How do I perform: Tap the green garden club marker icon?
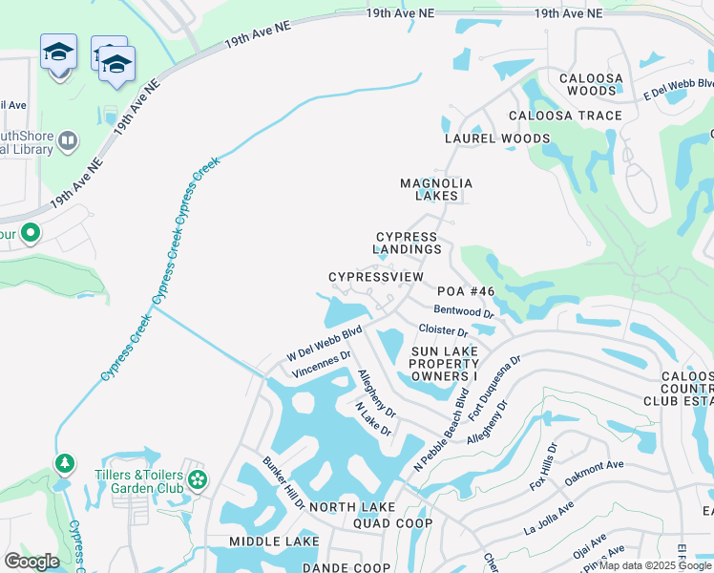pyautogui.click(x=198, y=478)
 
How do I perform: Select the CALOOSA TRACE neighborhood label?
pyautogui.click(x=565, y=116)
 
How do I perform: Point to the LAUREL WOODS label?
pyautogui.click(x=497, y=138)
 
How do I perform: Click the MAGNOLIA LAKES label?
pyautogui.click(x=436, y=189)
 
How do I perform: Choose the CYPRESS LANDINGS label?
pyautogui.click(x=408, y=244)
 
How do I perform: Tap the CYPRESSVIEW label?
pyautogui.click(x=375, y=277)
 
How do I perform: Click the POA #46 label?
pyautogui.click(x=466, y=291)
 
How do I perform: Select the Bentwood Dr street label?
pyautogui.click(x=463, y=311)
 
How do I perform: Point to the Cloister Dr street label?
pyautogui.click(x=443, y=331)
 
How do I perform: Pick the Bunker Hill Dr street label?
pyautogui.click(x=283, y=484)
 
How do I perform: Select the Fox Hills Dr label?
pyautogui.click(x=543, y=467)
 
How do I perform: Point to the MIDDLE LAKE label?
pyautogui.click(x=274, y=541)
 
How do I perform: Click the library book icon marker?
pyautogui.click(x=67, y=142)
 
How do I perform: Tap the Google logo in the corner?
pyautogui.click(x=31, y=561)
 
